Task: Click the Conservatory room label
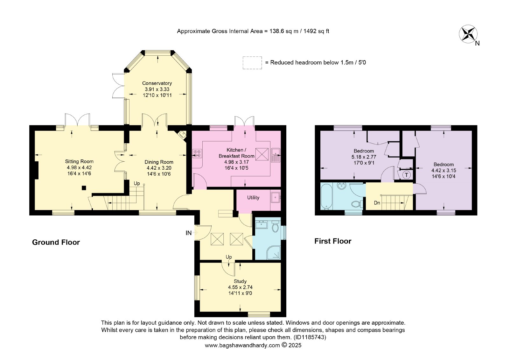coord(157,83)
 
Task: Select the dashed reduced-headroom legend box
coord(252,63)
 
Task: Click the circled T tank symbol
coord(407,175)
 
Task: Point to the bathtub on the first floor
coord(326,197)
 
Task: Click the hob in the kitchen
coord(197,153)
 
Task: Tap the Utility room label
coord(253,198)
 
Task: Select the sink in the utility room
coord(275,197)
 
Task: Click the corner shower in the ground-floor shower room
coord(275,252)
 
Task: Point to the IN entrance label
coord(189,233)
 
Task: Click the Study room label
coord(240,281)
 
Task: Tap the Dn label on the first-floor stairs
coord(377,203)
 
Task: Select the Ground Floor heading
coord(56,242)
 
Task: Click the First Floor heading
coord(333,241)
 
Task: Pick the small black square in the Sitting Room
coord(84,188)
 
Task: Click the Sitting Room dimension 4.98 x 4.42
coord(79,168)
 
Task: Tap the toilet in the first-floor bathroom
coord(357,204)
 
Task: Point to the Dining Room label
coord(159,162)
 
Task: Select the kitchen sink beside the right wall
coord(276,155)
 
